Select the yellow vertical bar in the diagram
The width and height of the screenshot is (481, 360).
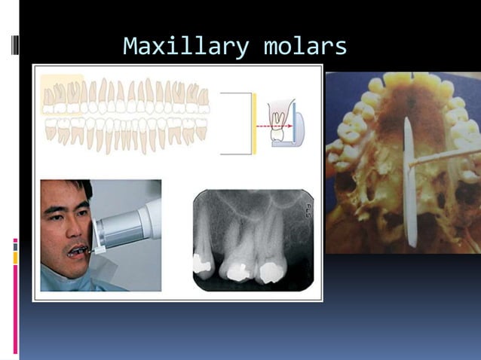coord(255,124)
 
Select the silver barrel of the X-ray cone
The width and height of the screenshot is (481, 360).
coord(121,230)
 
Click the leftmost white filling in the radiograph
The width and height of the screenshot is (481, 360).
coord(202,263)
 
